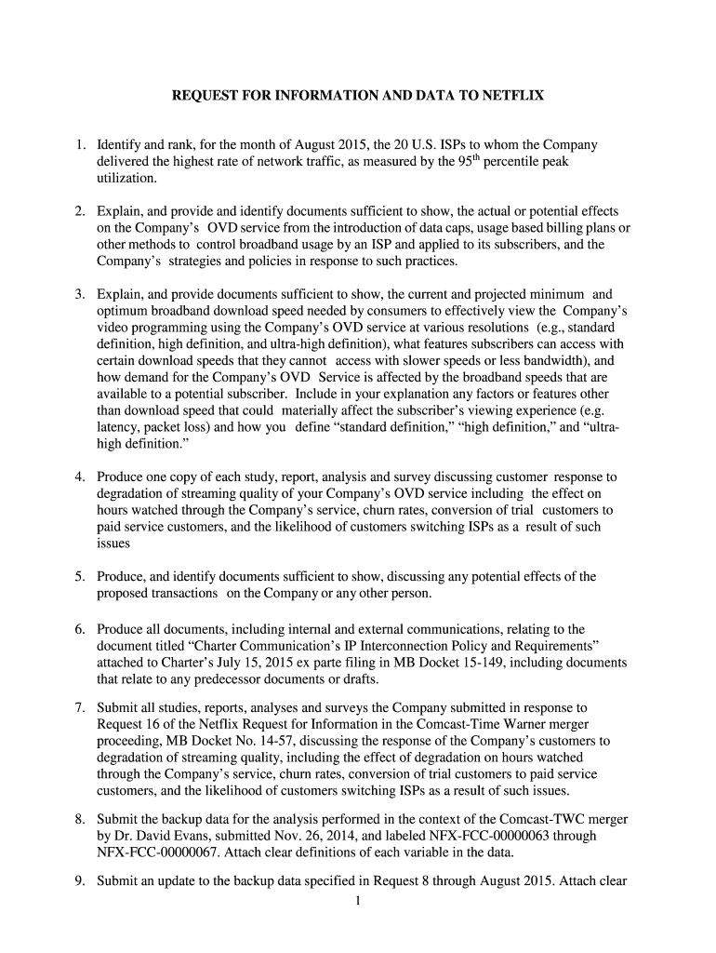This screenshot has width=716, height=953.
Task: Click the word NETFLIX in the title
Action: (510, 95)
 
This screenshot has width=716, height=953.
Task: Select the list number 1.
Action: (81, 145)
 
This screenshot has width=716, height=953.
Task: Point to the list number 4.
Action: (81, 476)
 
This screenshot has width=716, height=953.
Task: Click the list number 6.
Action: (81, 629)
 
